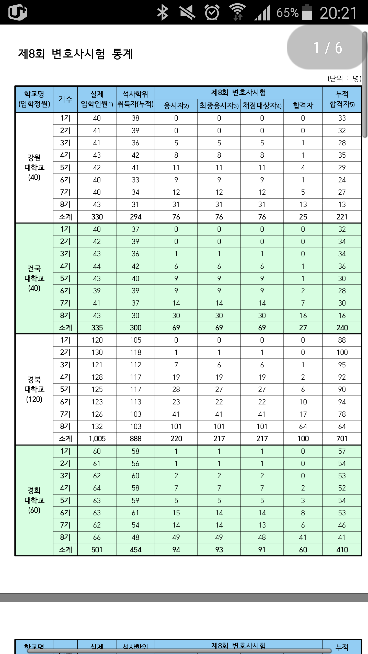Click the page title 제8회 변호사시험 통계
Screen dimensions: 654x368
75,54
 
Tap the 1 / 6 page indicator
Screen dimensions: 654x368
327,48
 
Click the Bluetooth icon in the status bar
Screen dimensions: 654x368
163,13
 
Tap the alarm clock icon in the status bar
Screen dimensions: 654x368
212,13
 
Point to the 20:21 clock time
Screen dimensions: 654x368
338,13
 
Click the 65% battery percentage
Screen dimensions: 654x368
287,13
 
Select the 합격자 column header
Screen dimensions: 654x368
303,106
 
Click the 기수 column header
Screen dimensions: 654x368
65,99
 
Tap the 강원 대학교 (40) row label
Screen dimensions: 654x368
34,167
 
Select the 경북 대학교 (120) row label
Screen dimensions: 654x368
34,389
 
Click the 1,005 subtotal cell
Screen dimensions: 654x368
97,439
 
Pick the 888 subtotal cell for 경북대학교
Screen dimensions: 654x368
135,439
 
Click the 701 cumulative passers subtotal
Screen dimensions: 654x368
342,439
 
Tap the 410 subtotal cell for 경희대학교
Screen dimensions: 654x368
342,550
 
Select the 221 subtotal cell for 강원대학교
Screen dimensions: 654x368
342,217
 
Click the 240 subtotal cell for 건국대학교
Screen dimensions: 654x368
342,328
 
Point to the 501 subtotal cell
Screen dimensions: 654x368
97,550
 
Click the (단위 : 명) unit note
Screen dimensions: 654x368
344,78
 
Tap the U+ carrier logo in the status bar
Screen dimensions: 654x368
18,12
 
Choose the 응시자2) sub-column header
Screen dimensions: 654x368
176,106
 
